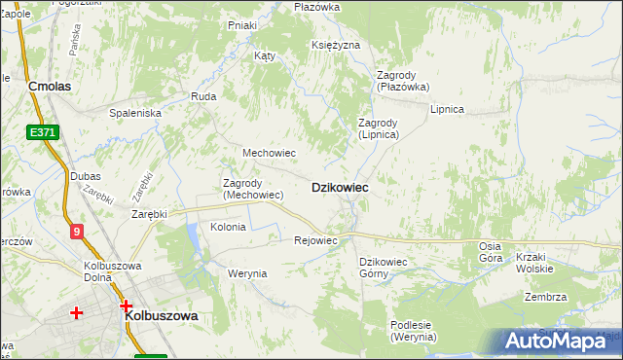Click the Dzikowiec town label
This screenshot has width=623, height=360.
339,187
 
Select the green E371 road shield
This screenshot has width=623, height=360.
40,132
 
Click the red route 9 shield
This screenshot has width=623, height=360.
77,231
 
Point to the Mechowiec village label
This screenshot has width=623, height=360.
269,153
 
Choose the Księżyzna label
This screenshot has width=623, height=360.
337,45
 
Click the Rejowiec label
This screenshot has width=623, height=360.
315,240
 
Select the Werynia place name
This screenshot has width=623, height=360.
247,273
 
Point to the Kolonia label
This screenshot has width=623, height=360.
228,227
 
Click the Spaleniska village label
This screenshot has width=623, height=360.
135,113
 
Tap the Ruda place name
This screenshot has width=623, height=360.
203,96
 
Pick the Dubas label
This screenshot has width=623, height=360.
86,176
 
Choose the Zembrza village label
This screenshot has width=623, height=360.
545,297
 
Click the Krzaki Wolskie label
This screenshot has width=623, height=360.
535,263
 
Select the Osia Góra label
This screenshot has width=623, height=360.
491,252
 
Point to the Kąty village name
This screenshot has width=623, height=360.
265,55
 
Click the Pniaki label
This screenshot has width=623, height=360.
241,25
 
